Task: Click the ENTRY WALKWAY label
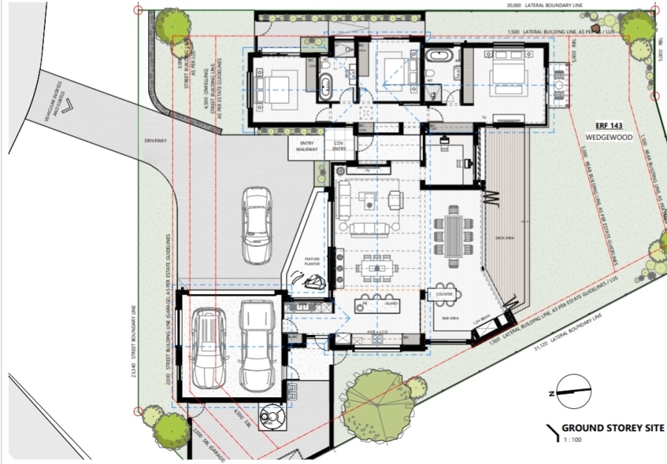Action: click(308, 146)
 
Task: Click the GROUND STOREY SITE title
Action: click(612, 428)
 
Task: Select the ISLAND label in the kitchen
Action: click(391, 304)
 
